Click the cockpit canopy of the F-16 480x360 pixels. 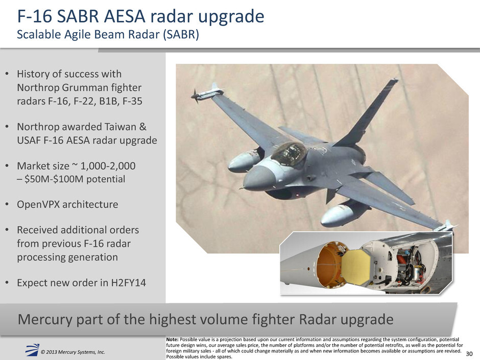pos(289,154)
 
